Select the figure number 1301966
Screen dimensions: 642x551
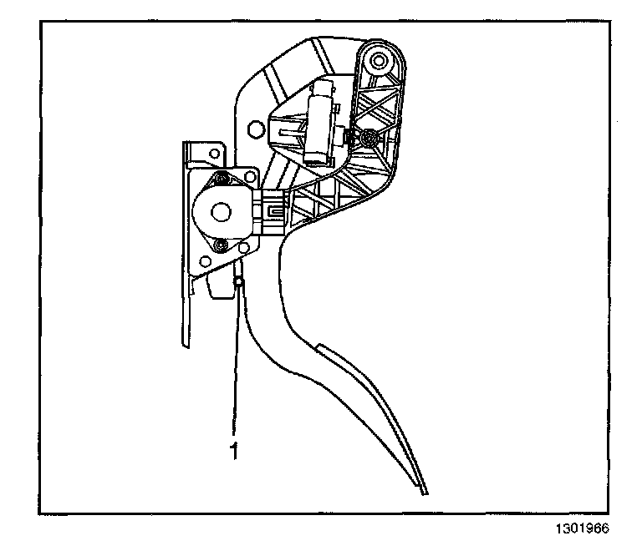click(x=580, y=528)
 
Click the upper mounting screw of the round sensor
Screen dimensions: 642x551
click(x=222, y=179)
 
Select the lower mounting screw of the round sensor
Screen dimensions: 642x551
click(x=220, y=245)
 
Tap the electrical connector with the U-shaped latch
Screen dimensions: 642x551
click(x=273, y=208)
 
